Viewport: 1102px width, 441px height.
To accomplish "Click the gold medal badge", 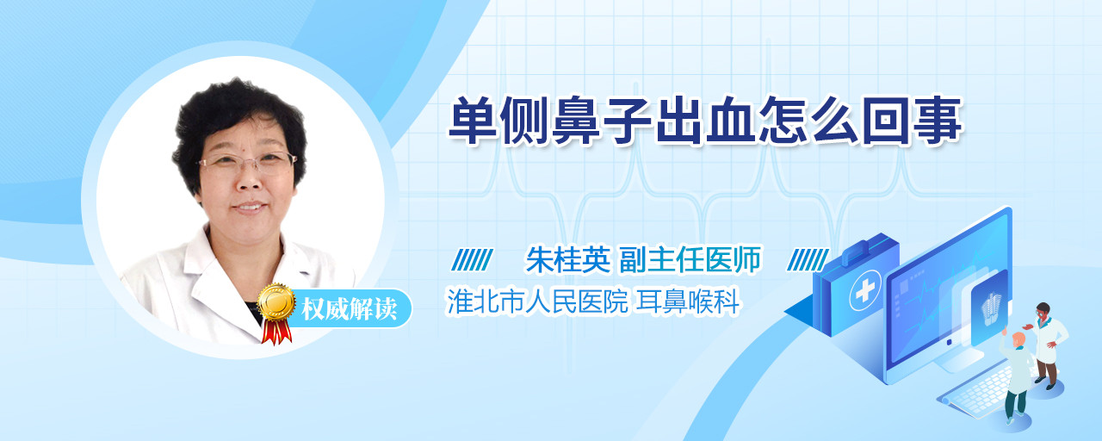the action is click(x=276, y=301).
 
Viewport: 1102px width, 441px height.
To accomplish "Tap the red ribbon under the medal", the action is click(x=276, y=332).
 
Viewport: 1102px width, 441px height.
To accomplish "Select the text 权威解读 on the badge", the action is click(x=349, y=308).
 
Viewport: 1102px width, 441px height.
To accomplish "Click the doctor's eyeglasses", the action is click(x=247, y=163).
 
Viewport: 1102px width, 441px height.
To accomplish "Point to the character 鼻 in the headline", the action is click(x=576, y=121).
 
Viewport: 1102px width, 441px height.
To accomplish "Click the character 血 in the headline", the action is click(x=732, y=121).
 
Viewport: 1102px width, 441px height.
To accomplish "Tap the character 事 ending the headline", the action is click(x=938, y=121).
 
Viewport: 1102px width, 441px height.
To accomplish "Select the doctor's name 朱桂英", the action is click(x=568, y=259).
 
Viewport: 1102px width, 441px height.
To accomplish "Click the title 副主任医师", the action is click(x=690, y=259).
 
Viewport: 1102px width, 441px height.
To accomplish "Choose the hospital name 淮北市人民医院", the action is click(x=537, y=301).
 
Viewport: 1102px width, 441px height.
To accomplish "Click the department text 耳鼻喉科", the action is click(x=688, y=301).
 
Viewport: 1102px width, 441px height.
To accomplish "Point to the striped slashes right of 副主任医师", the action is click(x=808, y=260).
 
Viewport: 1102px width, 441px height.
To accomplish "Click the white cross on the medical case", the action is click(x=864, y=290).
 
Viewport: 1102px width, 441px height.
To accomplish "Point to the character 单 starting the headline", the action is click(x=473, y=121).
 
